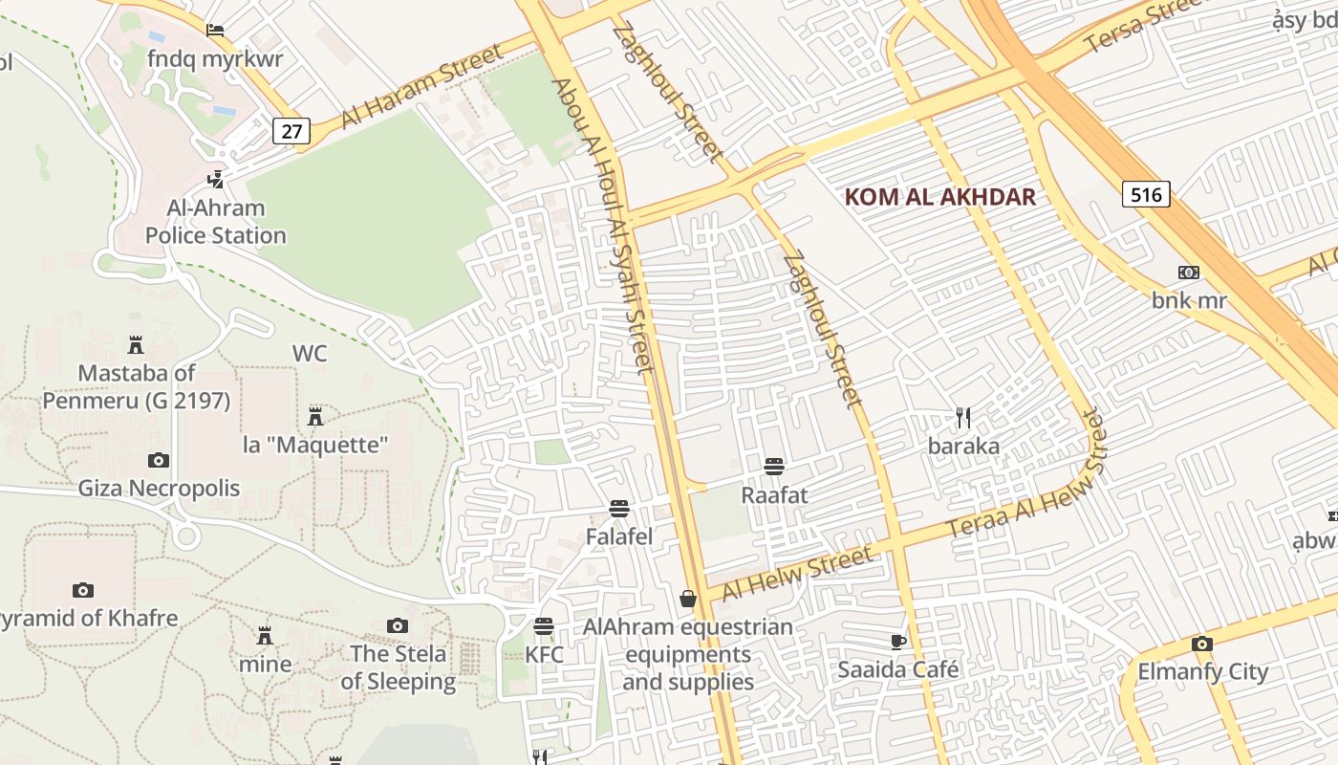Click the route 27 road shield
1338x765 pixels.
click(291, 131)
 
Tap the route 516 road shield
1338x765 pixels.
click(1145, 195)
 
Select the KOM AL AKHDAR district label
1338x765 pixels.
click(940, 197)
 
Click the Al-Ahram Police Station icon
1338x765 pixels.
click(216, 179)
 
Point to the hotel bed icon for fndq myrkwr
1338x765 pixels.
click(215, 31)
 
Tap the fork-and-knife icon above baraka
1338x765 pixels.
click(963, 418)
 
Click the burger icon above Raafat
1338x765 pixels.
click(774, 467)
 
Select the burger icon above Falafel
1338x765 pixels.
click(619, 509)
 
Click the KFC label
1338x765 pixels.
click(544, 655)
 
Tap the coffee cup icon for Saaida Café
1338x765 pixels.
click(897, 642)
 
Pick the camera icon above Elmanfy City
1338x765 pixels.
click(1201, 644)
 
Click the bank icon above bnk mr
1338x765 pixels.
click(1189, 273)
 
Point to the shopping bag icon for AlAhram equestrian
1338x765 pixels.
click(687, 600)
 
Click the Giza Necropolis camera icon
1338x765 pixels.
click(159, 461)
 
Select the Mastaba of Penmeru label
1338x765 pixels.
click(136, 386)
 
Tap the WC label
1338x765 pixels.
click(310, 353)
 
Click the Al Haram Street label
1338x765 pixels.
click(421, 85)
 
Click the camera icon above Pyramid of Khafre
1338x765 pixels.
click(83, 590)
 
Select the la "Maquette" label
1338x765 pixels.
click(315, 445)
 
